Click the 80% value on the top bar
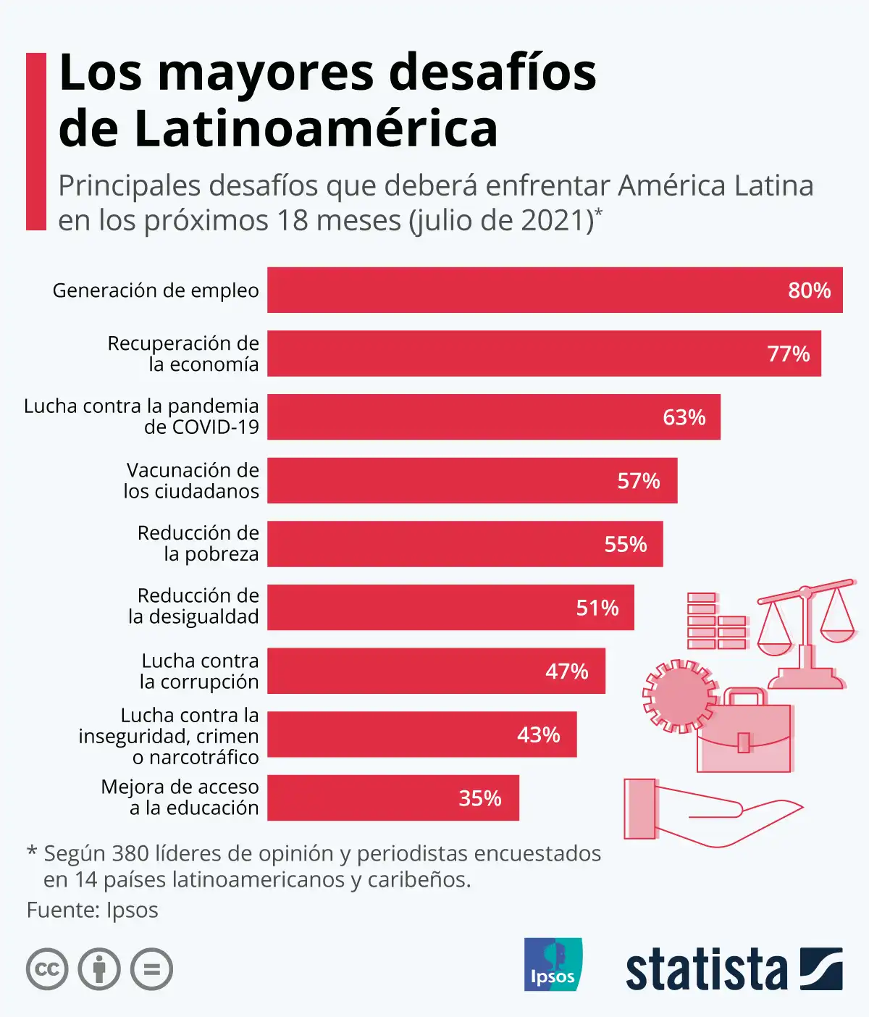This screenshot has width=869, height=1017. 809,290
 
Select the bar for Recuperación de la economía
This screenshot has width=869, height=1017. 543,353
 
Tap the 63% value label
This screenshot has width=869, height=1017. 684,417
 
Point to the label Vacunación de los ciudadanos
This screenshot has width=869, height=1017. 191,480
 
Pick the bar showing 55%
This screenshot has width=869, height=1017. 464,544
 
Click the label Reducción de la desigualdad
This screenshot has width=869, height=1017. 194,606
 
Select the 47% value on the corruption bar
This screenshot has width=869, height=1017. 566,671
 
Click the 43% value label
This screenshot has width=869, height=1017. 538,735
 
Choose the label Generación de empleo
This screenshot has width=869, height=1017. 156,290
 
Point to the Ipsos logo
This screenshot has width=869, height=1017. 553,964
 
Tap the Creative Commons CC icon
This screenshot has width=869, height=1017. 47,969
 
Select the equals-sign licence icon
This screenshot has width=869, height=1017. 152,969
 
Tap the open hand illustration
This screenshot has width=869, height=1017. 710,811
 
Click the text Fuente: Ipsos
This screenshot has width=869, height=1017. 92,911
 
